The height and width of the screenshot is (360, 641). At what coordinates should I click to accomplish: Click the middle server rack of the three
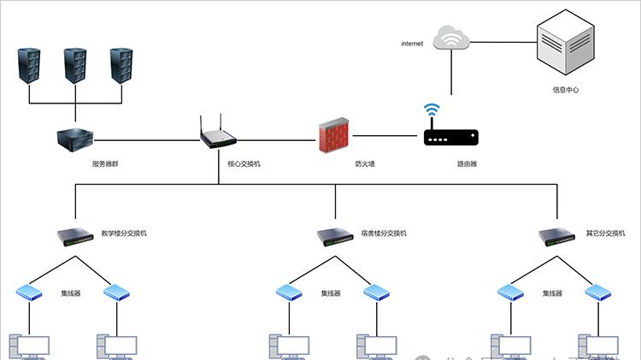tap(75, 67)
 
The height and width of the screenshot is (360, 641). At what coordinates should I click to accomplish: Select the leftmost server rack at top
tap(29, 67)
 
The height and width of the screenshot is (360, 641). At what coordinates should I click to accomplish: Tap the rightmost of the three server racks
tap(121, 67)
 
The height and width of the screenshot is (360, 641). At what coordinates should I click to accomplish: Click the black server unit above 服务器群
tap(75, 137)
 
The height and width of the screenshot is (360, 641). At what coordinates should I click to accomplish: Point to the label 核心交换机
tap(243, 162)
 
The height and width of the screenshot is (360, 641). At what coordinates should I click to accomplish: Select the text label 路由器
tap(467, 162)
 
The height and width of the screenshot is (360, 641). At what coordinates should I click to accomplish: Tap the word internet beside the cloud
tap(412, 44)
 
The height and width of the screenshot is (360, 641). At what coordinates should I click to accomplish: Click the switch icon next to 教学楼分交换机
tap(74, 234)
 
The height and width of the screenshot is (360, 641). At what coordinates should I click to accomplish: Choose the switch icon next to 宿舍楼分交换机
tap(335, 234)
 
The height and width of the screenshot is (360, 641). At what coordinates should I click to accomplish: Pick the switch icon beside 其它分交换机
tap(558, 234)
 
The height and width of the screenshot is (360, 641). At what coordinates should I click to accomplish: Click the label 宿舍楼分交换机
tap(384, 233)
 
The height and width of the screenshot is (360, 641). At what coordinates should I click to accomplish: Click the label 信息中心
tap(565, 88)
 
